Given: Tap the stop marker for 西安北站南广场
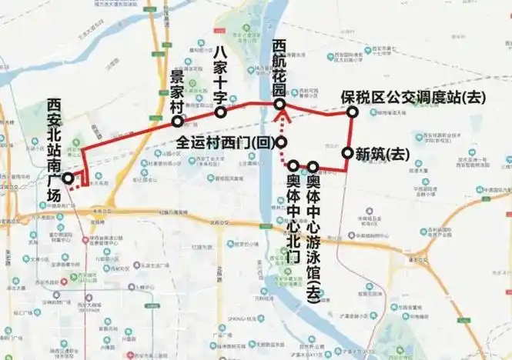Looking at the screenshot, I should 69,178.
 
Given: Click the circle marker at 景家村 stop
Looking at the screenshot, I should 178,122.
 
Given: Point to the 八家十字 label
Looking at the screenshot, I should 220,72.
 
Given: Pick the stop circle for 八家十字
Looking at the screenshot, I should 220,112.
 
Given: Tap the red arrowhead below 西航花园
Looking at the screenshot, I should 282,118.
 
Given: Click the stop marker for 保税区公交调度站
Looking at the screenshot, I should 352,112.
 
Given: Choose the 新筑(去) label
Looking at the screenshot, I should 383,154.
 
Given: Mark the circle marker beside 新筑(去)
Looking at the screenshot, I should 348,153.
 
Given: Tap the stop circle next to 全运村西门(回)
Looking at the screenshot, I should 283,142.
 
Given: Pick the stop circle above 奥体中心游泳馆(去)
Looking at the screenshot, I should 313,166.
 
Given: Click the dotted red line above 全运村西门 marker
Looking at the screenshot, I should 282,129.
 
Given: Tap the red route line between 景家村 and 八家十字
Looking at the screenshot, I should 199,117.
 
